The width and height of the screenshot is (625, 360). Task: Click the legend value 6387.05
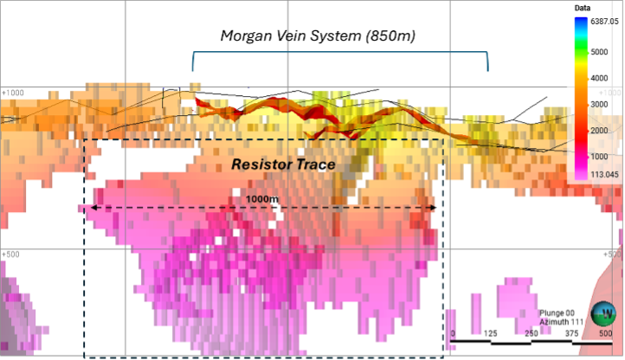(x=601, y=20)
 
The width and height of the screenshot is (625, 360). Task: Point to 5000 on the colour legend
(x=601, y=51)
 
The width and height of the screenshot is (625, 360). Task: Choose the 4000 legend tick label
(x=601, y=77)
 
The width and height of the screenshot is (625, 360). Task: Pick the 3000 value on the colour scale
(x=601, y=104)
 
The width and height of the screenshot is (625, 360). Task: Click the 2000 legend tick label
(x=601, y=130)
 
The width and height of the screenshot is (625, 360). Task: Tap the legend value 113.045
(x=601, y=172)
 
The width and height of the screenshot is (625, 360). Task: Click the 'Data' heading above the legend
(x=582, y=8)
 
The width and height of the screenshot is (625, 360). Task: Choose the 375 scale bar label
(x=567, y=333)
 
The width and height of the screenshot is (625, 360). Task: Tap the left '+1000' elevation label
(x=13, y=91)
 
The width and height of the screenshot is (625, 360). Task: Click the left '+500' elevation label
(x=11, y=254)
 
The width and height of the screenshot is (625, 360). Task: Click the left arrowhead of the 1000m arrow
(x=83, y=208)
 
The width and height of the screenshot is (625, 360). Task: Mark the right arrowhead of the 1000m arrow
(x=435, y=208)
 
